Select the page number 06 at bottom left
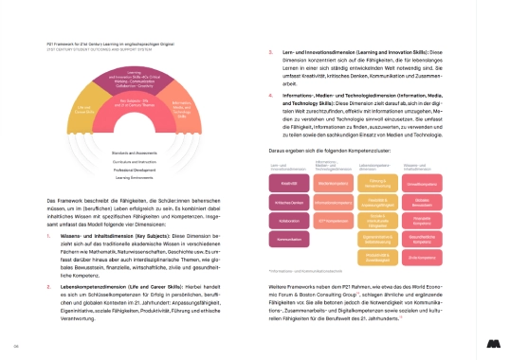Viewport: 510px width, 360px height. point(17,345)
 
